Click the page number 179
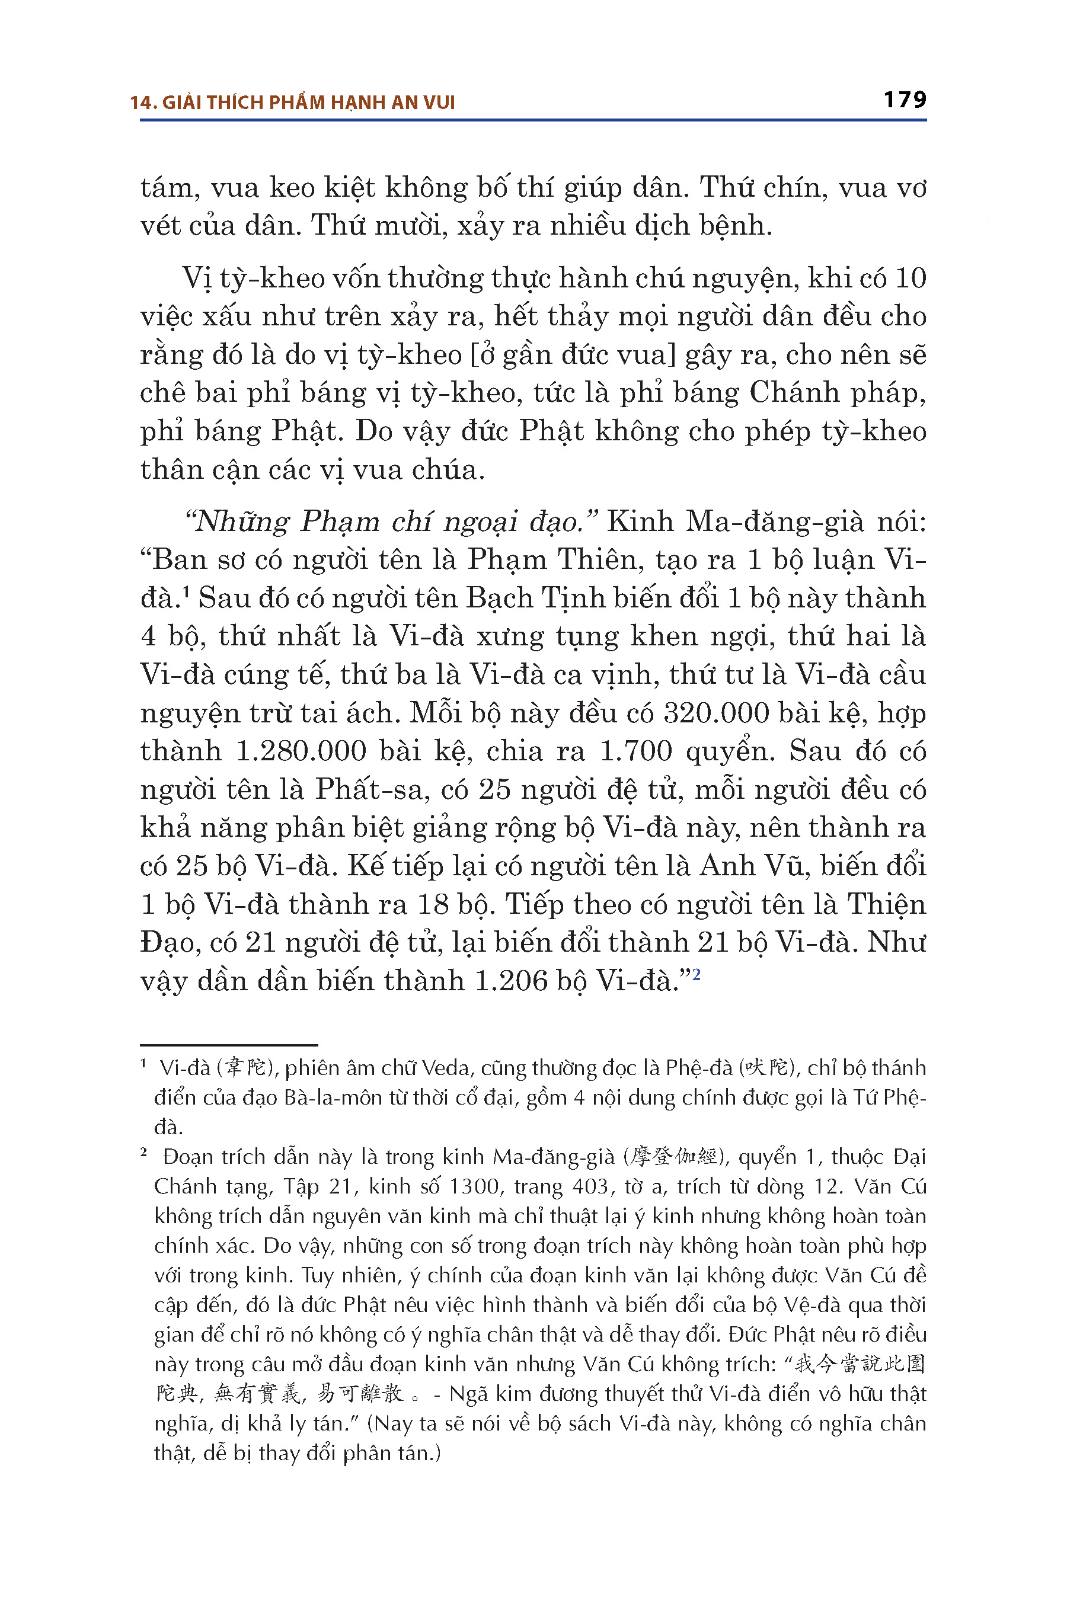click(905, 100)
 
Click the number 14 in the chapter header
click(139, 103)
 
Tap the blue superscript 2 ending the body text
click(697, 975)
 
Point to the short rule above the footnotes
click(229, 1045)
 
